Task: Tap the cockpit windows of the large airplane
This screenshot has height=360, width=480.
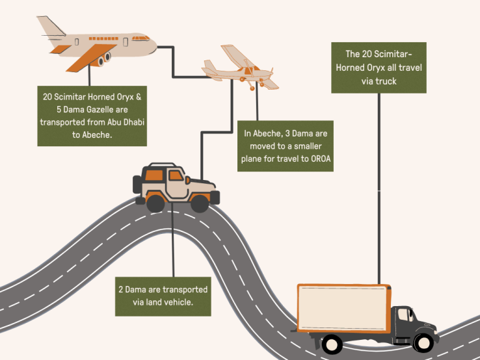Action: (x=140, y=38)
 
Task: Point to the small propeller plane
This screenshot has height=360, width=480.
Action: (x=240, y=68)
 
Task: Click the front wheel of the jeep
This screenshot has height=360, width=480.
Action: (x=200, y=203)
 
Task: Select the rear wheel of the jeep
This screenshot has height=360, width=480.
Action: (x=156, y=203)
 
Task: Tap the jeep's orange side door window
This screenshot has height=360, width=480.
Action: (x=176, y=175)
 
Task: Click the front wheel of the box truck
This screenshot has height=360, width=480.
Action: (x=423, y=343)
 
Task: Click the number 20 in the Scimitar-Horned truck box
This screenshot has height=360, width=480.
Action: (x=366, y=54)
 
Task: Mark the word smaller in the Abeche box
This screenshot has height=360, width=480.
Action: (x=308, y=146)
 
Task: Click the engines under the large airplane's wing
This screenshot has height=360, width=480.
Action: (x=104, y=59)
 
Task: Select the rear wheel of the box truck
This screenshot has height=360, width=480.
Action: (x=332, y=344)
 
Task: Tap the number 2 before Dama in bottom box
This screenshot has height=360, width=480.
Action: (x=121, y=290)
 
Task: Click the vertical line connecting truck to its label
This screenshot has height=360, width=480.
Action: (x=379, y=188)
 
